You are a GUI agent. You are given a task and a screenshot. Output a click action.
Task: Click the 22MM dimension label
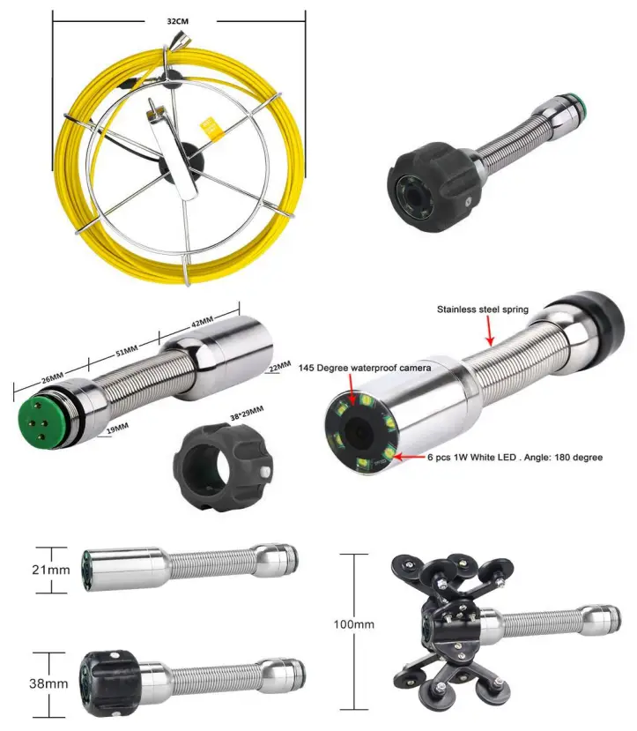[279, 365]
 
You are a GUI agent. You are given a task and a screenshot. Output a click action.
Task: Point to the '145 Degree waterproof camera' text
[363, 367]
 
